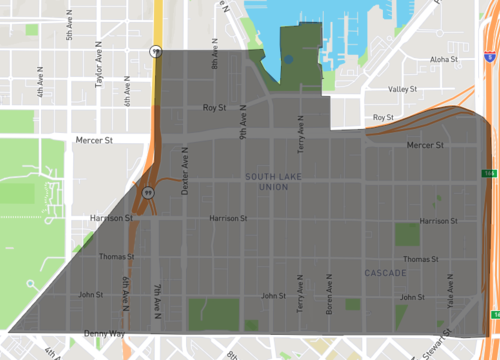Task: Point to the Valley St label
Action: click(x=402, y=89)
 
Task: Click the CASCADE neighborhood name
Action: click(x=384, y=273)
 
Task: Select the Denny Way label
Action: click(x=103, y=333)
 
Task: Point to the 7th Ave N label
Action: click(x=158, y=301)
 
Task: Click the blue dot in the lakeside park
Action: click(x=288, y=60)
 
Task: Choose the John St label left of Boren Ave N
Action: click(x=272, y=296)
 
